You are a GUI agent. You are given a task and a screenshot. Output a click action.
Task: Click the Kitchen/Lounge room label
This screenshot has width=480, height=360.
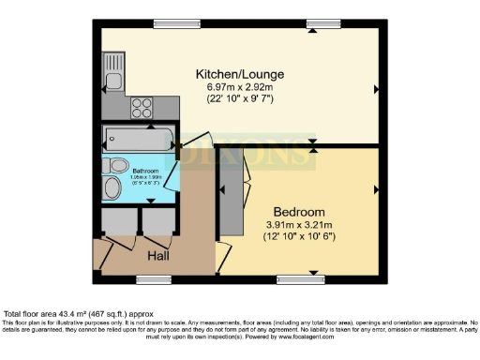(x=239, y=73)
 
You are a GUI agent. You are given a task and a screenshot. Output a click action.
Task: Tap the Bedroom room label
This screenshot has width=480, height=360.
(x=299, y=212)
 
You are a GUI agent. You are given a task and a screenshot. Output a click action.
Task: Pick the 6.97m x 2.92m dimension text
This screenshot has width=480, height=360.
(x=239, y=87)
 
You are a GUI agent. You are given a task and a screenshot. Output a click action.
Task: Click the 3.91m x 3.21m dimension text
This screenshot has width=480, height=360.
(x=299, y=226)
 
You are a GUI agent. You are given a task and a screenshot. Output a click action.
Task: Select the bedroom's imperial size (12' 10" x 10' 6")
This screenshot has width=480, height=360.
(x=299, y=239)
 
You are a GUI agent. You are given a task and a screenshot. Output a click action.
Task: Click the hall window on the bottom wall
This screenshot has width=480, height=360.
(x=148, y=278)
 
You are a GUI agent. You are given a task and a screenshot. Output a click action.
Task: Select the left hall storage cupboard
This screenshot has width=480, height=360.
(x=119, y=221)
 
